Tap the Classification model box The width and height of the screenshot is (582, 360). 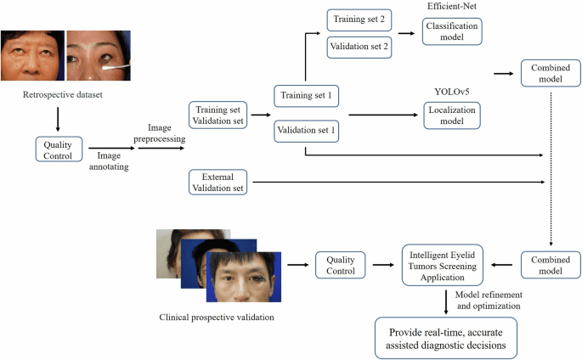tap(450, 32)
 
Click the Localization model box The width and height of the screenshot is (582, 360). tap(450, 115)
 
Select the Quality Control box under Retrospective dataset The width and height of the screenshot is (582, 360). tap(58, 149)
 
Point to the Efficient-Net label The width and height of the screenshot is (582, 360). tap(449, 7)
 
